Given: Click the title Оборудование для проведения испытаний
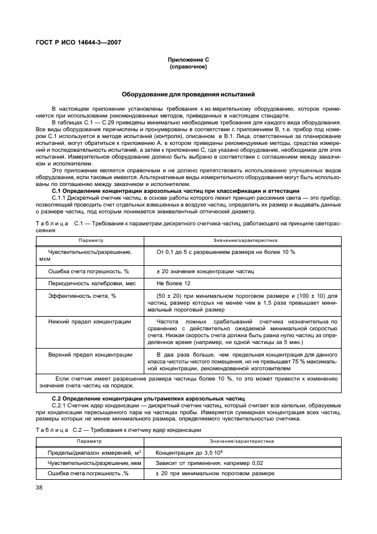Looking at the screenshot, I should (x=188, y=94).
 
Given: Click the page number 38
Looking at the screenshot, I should (x=39, y=487).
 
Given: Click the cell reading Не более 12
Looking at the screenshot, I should (x=174, y=284).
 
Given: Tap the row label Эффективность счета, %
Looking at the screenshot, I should (x=82, y=296).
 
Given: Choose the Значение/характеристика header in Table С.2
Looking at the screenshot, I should (x=242, y=441).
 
